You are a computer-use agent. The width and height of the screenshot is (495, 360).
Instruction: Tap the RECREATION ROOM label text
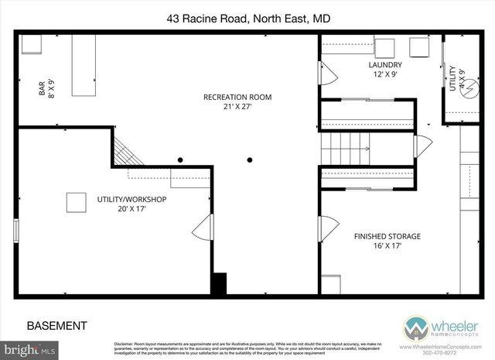pos(237,97)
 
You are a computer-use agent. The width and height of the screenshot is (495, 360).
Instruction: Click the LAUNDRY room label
pos(384,65)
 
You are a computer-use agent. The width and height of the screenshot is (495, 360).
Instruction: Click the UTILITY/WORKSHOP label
pos(131,199)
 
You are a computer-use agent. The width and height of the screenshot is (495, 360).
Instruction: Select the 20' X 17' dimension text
pos(131,209)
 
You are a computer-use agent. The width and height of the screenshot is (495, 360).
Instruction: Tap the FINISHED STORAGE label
pos(387,236)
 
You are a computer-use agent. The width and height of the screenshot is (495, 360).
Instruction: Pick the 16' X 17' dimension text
pos(387,246)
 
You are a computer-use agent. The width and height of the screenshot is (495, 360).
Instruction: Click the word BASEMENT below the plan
pos(56,325)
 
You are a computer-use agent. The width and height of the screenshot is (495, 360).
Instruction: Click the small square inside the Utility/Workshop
pos(75,201)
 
